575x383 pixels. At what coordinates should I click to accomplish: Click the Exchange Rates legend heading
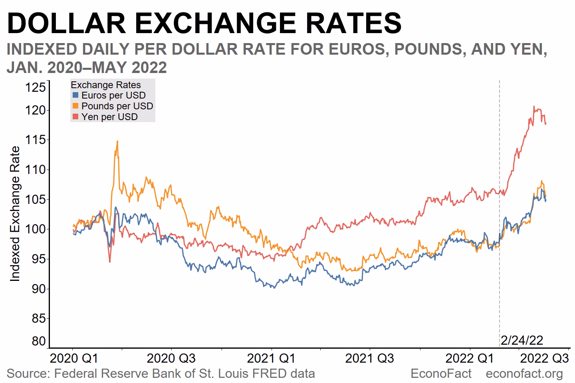(105, 85)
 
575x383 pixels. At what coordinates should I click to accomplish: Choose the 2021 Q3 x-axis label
(369, 358)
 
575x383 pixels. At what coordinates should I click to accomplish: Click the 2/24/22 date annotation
(522, 340)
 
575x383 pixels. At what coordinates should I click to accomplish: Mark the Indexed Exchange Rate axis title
(15, 214)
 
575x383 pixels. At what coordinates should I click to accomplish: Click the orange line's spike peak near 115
(117, 141)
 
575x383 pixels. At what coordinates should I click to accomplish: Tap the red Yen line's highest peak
(534, 107)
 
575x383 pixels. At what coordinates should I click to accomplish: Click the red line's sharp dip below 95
(109, 262)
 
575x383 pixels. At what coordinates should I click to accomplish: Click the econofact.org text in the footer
(524, 374)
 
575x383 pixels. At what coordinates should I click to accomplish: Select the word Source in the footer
(28, 374)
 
